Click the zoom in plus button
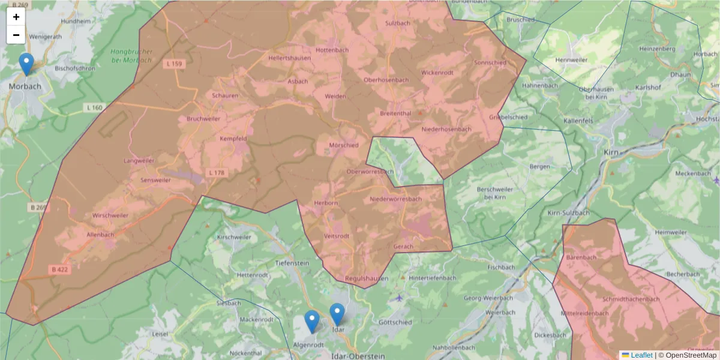pos(16,17)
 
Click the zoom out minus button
pos(16,35)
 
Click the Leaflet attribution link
pos(641,355)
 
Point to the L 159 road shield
pos(175,64)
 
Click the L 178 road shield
pos(217,173)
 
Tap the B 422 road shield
pos(60,270)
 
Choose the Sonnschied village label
pos(490,62)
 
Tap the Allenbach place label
pos(100,235)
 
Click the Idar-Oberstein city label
pos(358,356)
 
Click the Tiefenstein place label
pos(291,263)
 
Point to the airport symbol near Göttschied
pos(400,297)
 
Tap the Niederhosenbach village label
pos(446,130)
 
